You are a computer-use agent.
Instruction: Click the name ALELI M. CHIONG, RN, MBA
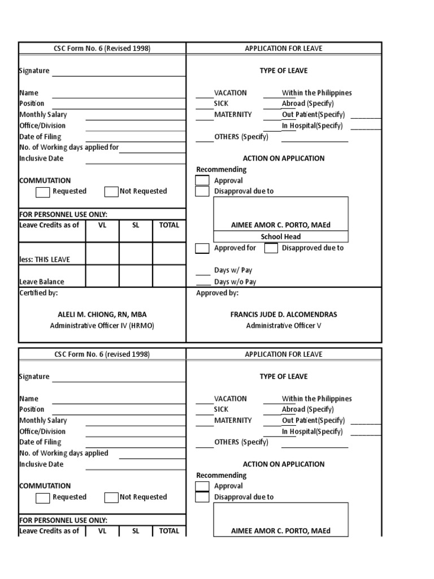102,314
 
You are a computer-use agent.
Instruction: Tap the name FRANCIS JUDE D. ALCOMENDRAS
284,314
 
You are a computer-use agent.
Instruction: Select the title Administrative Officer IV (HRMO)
102,326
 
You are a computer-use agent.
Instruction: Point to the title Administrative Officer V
284,326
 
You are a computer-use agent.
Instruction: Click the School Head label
281,236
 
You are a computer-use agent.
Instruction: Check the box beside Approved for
202,248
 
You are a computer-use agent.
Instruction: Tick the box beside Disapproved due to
271,248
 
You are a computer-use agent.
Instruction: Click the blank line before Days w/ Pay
203,271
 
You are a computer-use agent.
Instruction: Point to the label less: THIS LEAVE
45,260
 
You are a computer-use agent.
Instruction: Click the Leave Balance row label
42,282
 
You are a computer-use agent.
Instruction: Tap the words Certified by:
38,293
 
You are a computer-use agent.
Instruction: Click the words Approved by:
217,293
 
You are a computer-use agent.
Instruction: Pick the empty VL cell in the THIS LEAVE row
102,254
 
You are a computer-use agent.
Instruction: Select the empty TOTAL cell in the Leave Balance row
169,276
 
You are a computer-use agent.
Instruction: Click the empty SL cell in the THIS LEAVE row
136,254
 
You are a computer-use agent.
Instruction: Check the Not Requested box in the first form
111,192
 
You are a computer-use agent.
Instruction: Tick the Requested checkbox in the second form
42,498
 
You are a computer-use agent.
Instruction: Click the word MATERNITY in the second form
233,420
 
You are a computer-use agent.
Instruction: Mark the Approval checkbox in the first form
202,181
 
